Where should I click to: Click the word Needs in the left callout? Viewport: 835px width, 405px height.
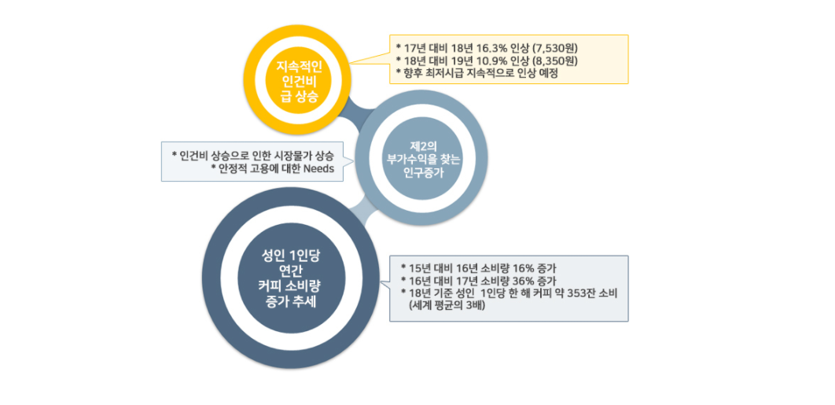[x=318, y=169]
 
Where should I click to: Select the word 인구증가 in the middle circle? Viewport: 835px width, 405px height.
[x=421, y=172]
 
